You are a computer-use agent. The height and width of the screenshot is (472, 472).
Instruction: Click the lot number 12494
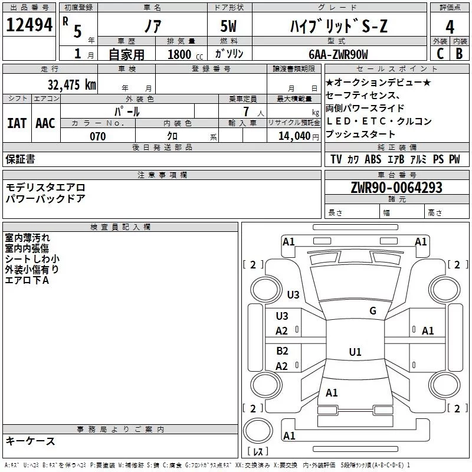pyautogui.click(x=29, y=25)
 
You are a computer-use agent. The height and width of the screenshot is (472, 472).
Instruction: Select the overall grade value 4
pyautogui.click(x=450, y=27)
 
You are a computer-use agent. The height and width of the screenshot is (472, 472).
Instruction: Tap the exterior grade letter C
pyautogui.click(x=440, y=54)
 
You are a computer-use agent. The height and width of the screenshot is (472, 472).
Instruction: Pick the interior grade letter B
pyautogui.click(x=459, y=54)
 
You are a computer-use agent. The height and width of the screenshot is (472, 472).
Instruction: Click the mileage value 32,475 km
pyautogui.click(x=71, y=84)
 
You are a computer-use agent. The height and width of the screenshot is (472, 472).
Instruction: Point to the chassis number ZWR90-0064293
pyautogui.click(x=396, y=188)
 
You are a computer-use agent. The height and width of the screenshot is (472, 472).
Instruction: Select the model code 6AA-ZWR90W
pyautogui.click(x=338, y=54)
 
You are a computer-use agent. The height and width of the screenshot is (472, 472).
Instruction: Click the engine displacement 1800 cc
pyautogui.click(x=185, y=54)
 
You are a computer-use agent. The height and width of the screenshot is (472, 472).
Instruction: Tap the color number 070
pyautogui.click(x=98, y=136)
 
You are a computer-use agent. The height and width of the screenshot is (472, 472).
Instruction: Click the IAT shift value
pyautogui.click(x=17, y=123)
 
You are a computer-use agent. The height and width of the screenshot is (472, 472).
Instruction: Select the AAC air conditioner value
pyautogui.click(x=45, y=123)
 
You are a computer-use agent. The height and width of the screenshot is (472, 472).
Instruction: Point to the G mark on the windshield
pyautogui.click(x=373, y=311)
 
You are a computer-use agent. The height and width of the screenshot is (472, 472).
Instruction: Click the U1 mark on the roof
pyautogui.click(x=355, y=352)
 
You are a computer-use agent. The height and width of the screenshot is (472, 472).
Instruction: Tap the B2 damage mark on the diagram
pyautogui.click(x=282, y=350)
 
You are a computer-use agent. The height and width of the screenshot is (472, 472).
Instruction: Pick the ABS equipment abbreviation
pyautogui.click(x=373, y=159)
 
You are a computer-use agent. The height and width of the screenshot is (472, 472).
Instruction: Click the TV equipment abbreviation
pyautogui.click(x=336, y=159)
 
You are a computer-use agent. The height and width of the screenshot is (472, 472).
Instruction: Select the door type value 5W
pyautogui.click(x=228, y=26)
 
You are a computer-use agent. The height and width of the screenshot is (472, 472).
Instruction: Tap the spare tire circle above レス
pyautogui.click(x=258, y=430)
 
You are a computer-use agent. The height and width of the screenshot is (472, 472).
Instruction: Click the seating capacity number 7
pyautogui.click(x=246, y=112)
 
